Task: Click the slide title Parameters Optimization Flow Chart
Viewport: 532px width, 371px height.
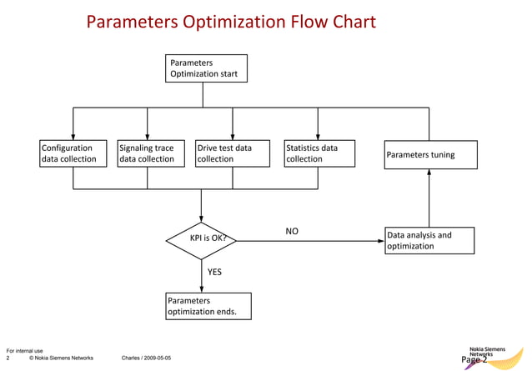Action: (231, 21)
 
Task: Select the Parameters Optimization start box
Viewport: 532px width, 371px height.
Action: (206, 68)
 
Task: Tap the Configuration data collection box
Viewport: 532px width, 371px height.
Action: (73, 153)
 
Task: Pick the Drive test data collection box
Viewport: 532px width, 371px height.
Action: (233, 153)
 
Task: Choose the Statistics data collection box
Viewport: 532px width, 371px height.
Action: (319, 153)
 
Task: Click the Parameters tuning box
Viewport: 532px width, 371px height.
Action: (431, 154)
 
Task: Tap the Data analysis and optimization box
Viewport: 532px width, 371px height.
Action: (429, 240)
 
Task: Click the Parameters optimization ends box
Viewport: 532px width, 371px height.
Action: (208, 306)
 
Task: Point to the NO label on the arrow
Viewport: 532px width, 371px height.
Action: (292, 231)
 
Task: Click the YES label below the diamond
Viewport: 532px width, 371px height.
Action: (214, 272)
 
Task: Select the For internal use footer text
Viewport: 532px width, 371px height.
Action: (24, 350)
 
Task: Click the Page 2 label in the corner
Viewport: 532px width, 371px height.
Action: (474, 360)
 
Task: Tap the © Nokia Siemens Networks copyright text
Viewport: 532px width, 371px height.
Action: (61, 358)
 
